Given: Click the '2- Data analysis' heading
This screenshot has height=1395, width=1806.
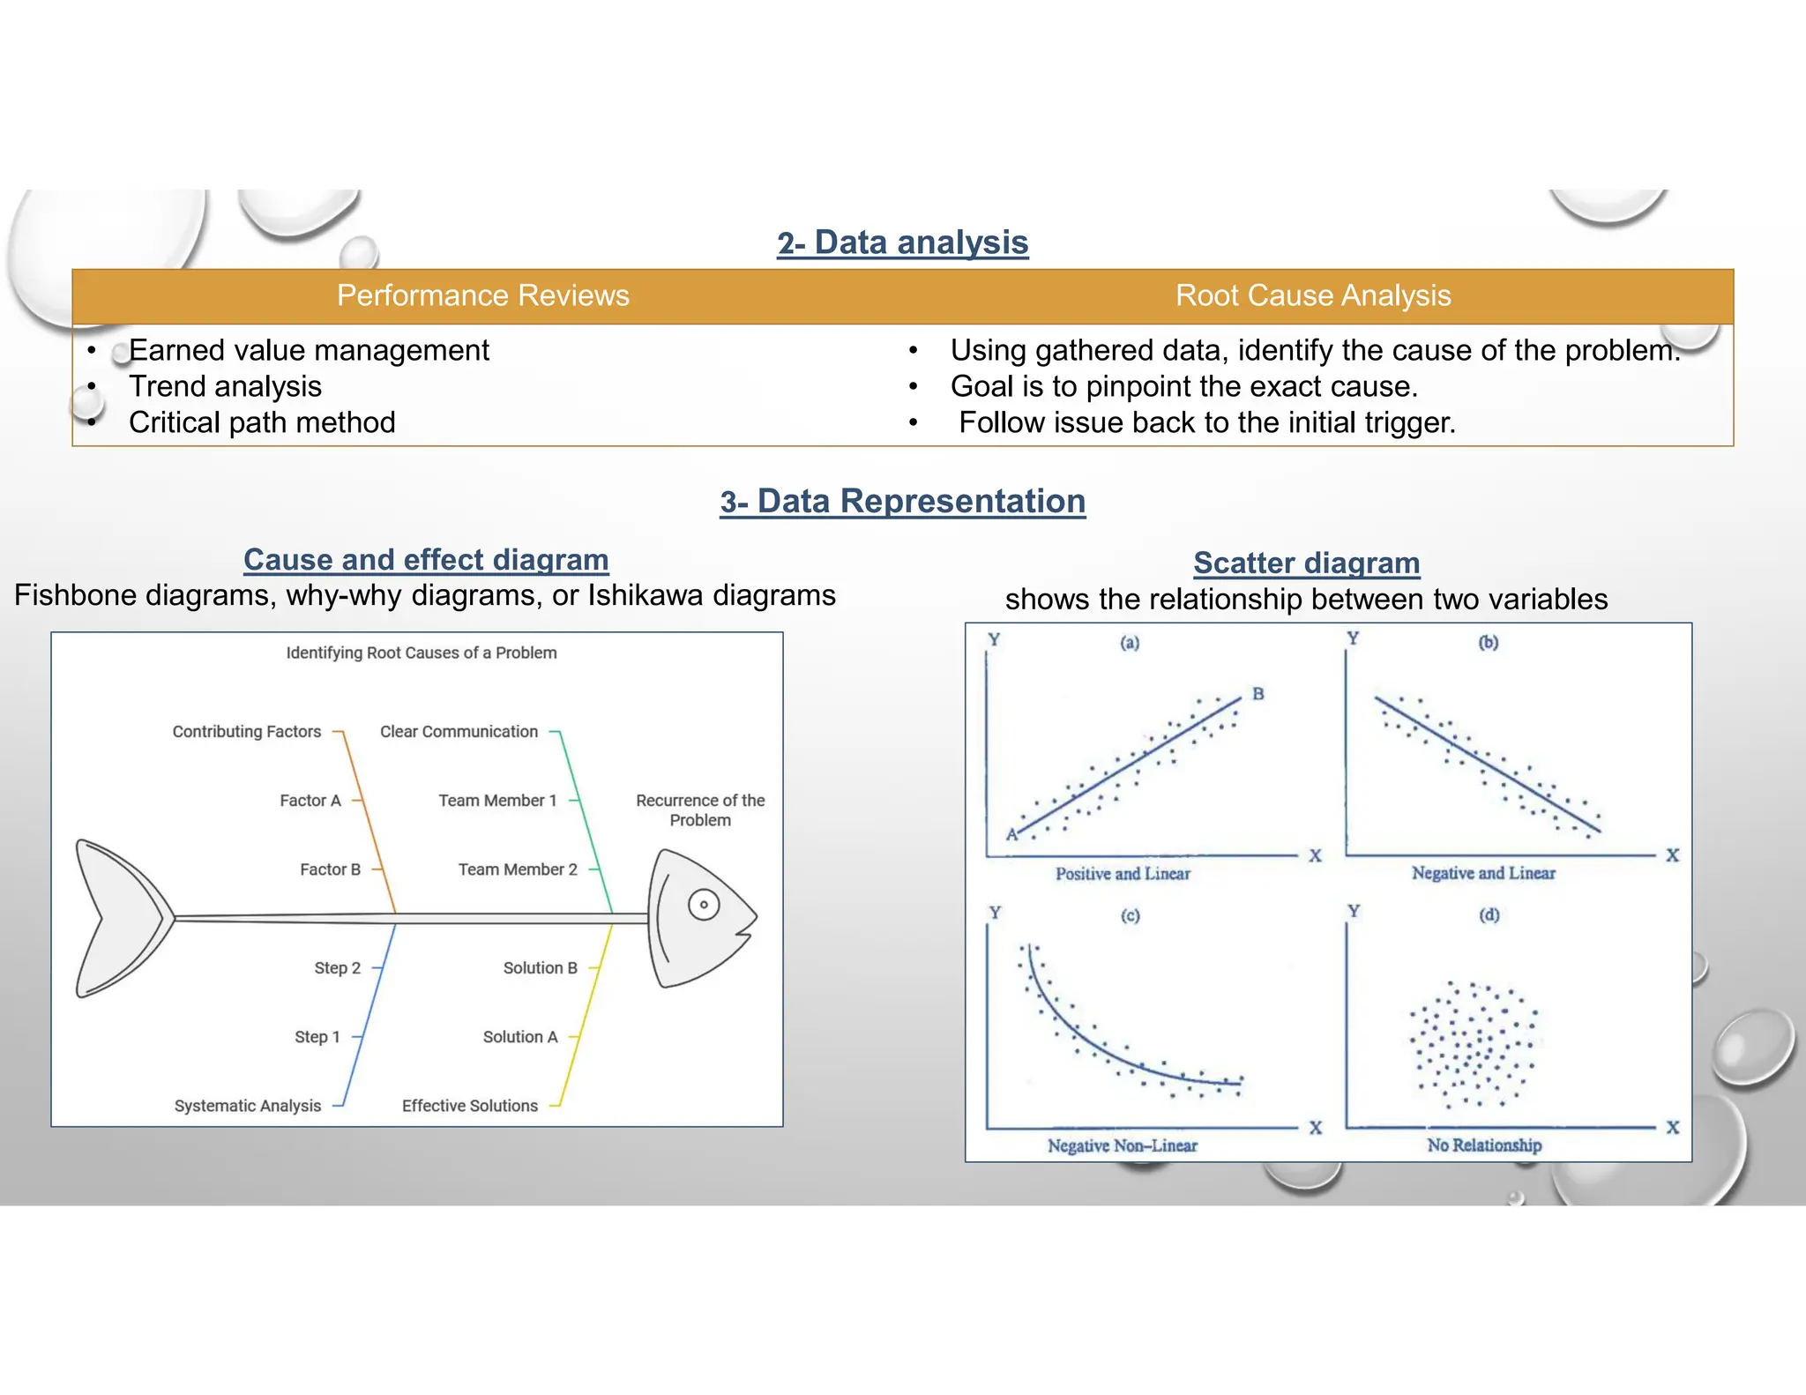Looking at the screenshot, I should point(902,242).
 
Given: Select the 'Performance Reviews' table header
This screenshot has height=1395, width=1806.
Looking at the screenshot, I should point(482,295).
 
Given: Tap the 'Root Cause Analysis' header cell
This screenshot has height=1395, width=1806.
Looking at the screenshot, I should point(1312,295).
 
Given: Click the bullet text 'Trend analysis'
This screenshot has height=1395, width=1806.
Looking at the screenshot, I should point(225,386).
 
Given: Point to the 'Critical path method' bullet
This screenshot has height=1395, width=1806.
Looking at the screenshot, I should point(262,422).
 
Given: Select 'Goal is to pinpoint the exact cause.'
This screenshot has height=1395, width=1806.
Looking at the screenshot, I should point(1183,386).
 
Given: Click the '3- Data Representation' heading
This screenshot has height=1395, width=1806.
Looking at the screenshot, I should point(902,501).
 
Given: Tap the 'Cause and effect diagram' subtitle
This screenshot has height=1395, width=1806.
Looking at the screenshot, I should point(426,559).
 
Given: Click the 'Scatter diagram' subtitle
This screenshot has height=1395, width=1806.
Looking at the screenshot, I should point(1306,563).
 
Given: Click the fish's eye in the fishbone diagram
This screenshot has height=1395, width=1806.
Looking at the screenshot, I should point(704,905).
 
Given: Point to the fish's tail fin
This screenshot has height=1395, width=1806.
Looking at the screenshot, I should point(119,918).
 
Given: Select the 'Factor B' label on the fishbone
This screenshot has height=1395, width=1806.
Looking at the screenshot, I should point(330,869).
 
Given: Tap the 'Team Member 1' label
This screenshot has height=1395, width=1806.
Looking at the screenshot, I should point(497,801).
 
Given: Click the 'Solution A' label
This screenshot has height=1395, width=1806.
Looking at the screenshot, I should point(520,1037).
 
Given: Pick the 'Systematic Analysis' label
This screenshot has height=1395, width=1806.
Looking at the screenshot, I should point(248,1106).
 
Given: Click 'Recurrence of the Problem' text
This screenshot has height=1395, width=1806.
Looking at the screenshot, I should point(700,809).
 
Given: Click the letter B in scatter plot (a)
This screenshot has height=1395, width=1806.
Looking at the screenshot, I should point(1258,694).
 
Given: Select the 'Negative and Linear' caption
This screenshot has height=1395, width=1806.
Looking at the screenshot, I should point(1483,873).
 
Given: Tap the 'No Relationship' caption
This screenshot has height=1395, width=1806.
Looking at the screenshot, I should point(1484,1145).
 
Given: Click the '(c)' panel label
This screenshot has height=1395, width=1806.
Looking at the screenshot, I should point(1130,915).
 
